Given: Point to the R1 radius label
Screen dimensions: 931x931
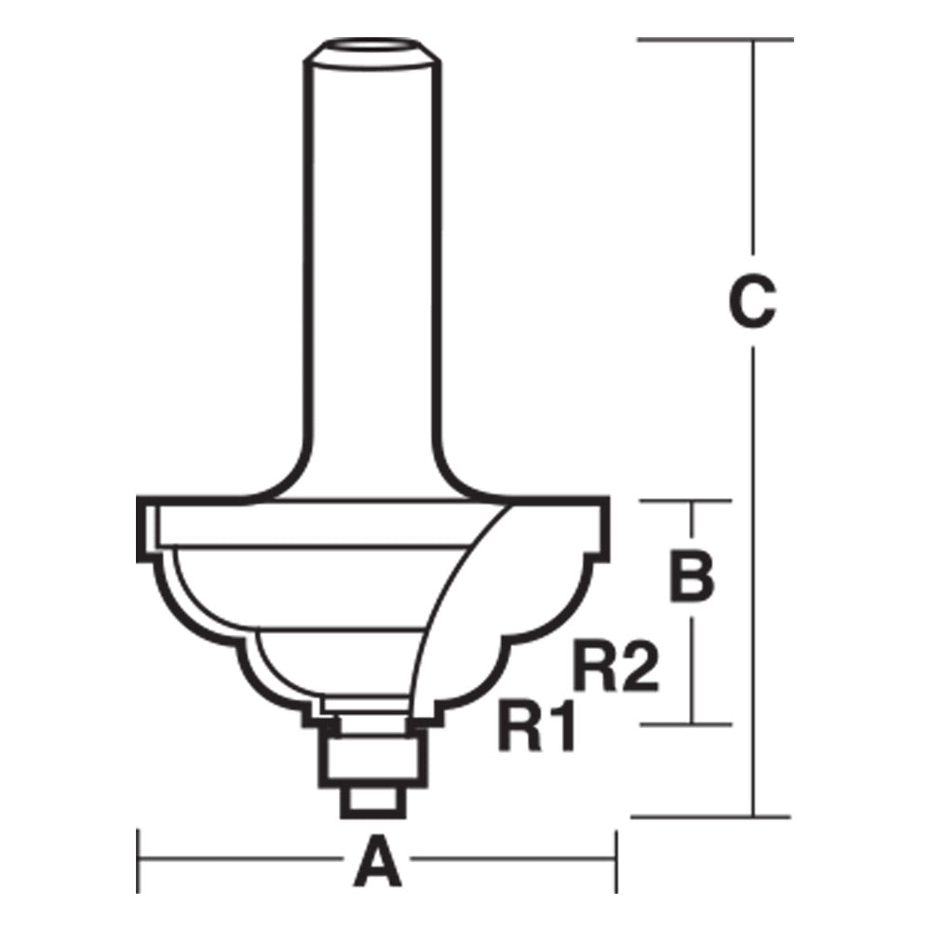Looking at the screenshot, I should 537,727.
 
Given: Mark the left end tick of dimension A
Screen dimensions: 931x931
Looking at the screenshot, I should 139,859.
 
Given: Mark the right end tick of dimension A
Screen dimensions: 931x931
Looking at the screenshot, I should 615,859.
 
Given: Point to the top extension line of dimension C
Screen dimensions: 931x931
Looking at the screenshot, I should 712,40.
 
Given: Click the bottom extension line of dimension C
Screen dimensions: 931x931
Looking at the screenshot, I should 712,817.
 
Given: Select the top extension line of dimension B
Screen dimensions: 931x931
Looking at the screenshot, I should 689,501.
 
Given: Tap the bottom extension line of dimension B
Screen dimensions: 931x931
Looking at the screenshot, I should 689,723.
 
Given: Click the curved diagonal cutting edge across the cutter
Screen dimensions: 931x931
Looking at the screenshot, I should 447,596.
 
